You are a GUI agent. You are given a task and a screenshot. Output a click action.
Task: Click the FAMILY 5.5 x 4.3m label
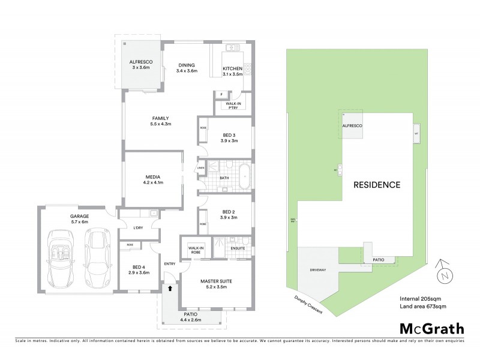(160, 121)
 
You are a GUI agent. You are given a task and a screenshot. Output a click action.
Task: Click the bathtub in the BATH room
(245, 178)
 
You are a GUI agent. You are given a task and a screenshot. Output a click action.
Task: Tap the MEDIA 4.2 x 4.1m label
(154, 179)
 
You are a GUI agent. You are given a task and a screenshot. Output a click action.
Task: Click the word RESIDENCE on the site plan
(376, 185)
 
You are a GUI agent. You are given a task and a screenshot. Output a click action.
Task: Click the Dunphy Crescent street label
(308, 305)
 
